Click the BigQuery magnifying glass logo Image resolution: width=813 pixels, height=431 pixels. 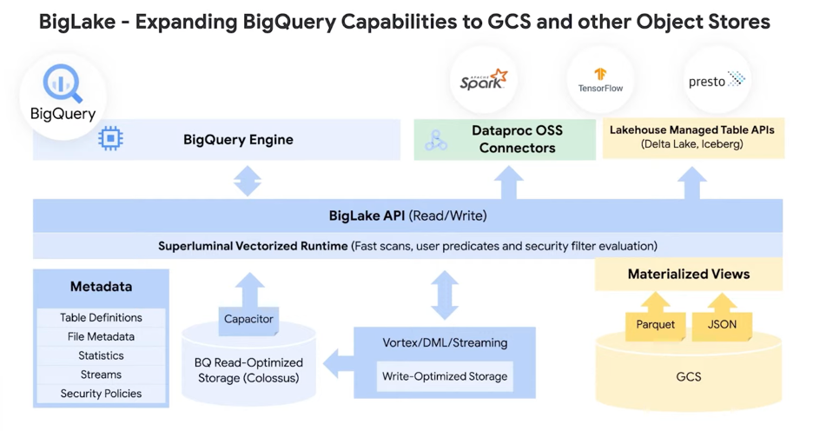[x=63, y=84]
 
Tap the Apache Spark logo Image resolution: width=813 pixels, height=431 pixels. [x=483, y=81]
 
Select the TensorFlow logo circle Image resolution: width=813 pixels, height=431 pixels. [x=600, y=81]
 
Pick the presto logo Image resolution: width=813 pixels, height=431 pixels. [x=717, y=81]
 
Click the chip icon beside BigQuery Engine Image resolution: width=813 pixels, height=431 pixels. [x=110, y=139]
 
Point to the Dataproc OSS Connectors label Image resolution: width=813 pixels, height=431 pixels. [x=517, y=139]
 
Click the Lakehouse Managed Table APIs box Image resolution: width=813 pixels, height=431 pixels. [x=692, y=137]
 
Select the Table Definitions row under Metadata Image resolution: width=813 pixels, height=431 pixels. [x=101, y=318]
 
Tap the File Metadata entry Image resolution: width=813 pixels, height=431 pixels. [x=101, y=337]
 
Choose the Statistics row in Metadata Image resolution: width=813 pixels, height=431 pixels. [x=101, y=356]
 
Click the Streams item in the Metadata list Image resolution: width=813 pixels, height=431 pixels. [x=101, y=375]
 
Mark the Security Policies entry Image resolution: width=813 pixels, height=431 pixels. [x=101, y=395]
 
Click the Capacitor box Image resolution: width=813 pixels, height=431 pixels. [x=248, y=320]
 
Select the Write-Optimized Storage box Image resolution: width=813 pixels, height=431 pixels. [x=445, y=376]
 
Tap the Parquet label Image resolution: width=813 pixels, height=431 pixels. [x=655, y=325]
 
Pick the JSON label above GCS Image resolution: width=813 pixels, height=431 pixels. [x=722, y=325]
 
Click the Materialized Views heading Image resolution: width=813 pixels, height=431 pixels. [x=688, y=275]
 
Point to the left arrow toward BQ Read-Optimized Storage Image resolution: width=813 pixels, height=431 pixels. [x=337, y=364]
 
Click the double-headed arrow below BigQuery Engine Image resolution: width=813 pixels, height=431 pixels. [x=248, y=180]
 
